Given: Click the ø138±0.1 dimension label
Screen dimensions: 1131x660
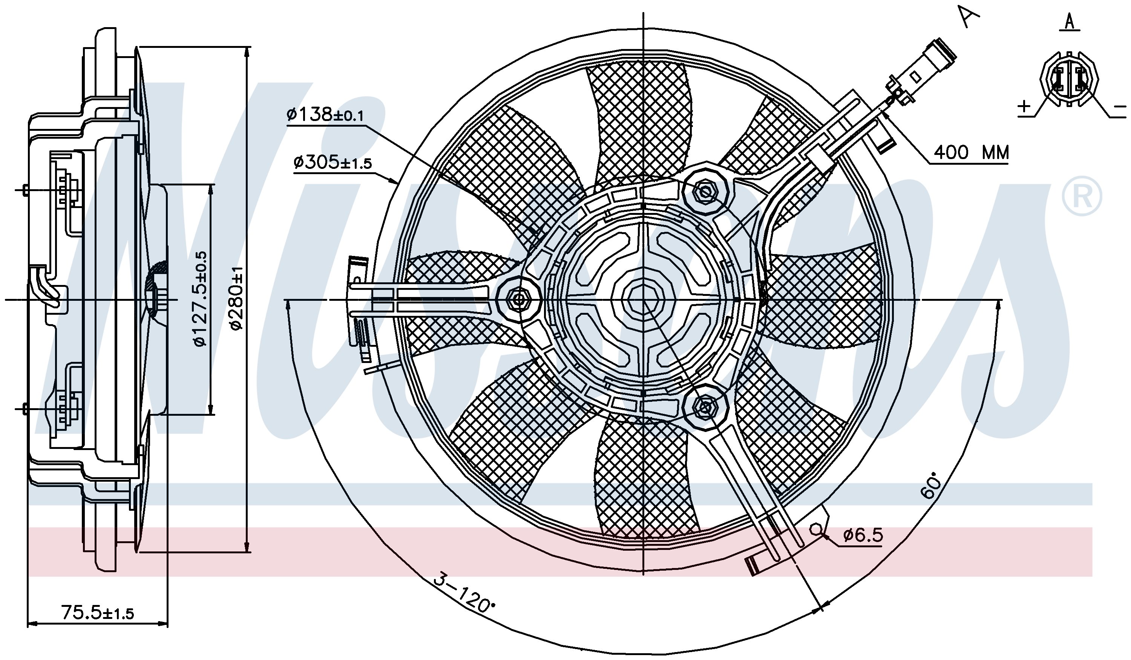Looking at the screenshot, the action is [325, 115].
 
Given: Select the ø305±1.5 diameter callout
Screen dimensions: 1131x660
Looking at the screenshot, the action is [333, 162].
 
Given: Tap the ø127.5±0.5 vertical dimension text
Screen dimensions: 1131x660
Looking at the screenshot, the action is [200, 299].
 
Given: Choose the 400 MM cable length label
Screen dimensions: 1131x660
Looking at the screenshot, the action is [971, 153].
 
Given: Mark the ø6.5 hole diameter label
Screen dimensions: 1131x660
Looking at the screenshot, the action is [863, 535].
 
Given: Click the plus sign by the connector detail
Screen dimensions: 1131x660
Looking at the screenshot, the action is [1025, 106].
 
